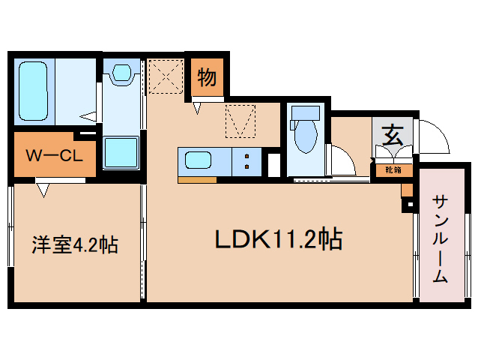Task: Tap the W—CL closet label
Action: tap(52, 156)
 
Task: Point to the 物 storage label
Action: tap(207, 76)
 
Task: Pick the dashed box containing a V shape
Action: tap(240, 121)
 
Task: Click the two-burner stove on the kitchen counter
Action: tap(246, 160)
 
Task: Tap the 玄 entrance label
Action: tap(392, 136)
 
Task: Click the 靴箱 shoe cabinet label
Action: tap(393, 170)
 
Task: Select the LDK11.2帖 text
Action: tap(279, 240)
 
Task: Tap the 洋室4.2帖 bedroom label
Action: tap(74, 244)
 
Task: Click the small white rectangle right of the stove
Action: tap(273, 164)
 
